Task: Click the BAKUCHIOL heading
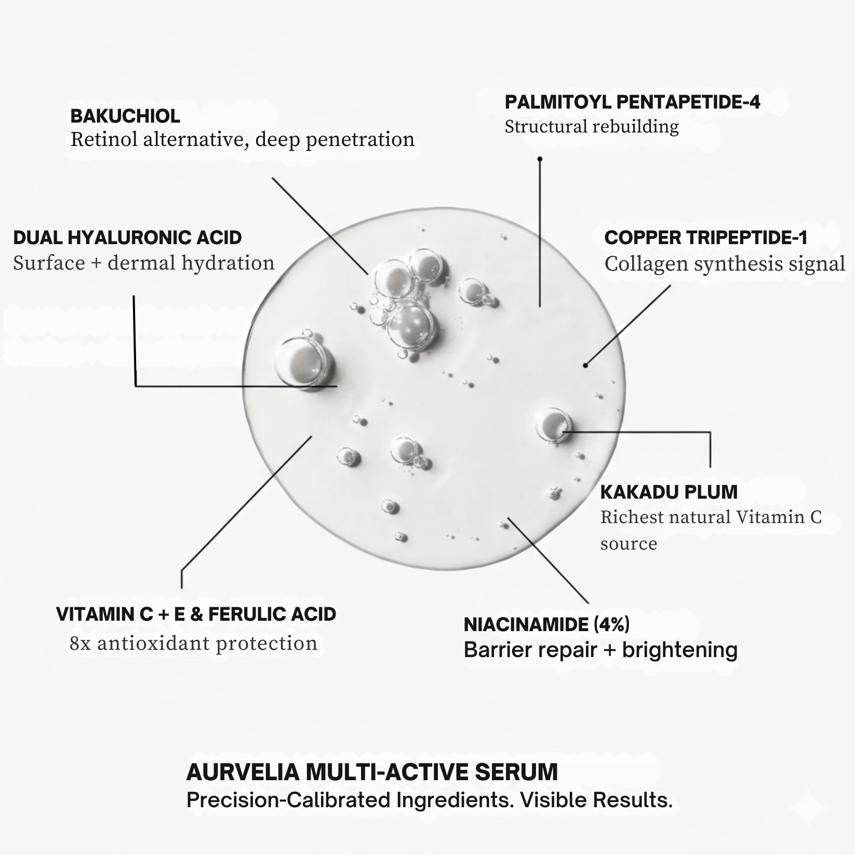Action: point(125,116)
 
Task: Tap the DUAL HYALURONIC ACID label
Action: point(127,237)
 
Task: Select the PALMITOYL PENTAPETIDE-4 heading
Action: point(632,102)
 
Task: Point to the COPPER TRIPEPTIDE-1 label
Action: point(706,237)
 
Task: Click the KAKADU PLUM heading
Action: point(669,492)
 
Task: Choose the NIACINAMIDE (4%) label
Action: point(546,624)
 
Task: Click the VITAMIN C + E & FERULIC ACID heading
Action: point(196,614)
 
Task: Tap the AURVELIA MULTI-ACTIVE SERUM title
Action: point(372,772)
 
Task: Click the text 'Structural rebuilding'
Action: point(592,127)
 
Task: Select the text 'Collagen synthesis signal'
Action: point(725,264)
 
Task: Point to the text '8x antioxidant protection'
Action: point(193,643)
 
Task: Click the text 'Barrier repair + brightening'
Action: point(600,650)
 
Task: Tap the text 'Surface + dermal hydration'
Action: point(144,263)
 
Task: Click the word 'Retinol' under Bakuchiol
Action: point(104,139)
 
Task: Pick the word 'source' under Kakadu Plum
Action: point(629,544)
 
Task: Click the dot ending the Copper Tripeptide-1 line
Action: point(585,365)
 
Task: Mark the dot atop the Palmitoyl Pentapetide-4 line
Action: point(540,159)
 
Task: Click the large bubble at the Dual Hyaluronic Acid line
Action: point(304,362)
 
